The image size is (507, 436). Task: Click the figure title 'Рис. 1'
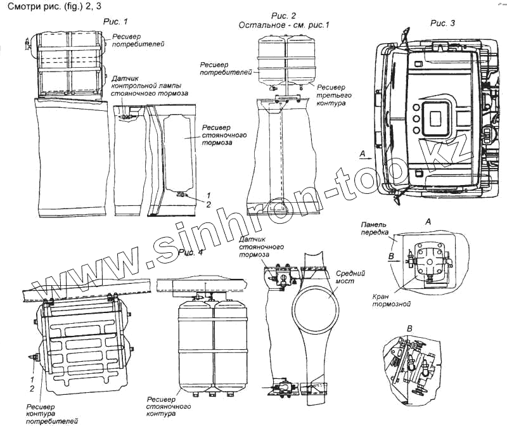[x=115, y=22]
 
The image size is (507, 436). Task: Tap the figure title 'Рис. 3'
[x=442, y=23]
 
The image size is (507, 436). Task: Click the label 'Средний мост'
[x=343, y=277]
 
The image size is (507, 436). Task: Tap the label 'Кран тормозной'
[x=385, y=300]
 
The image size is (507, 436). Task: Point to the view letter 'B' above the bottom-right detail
[x=409, y=327]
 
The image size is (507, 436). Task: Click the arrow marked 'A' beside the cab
[x=363, y=154]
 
